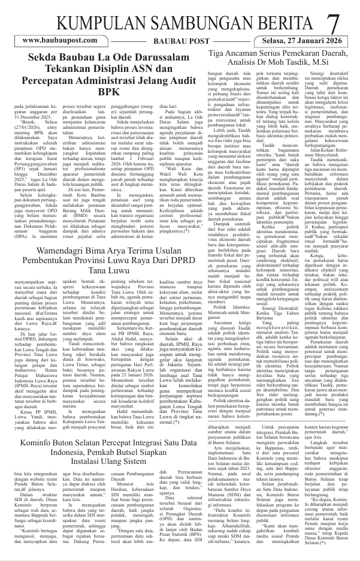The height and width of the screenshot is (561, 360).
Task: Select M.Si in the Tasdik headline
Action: click(301, 62)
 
